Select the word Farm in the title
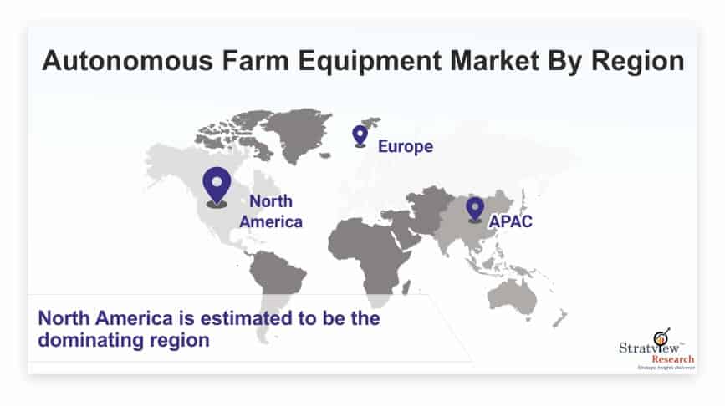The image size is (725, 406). tap(255, 60)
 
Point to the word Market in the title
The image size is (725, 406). tap(494, 60)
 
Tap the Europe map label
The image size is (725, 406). tap(406, 147)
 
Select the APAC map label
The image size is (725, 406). tap(510, 221)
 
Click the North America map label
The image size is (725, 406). tap(271, 211)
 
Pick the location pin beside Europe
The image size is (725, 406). tap(360, 136)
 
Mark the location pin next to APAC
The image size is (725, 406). tap(475, 209)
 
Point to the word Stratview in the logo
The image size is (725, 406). tap(649, 347)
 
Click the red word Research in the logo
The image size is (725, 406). tap(673, 359)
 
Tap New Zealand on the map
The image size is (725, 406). tap(560, 318)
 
